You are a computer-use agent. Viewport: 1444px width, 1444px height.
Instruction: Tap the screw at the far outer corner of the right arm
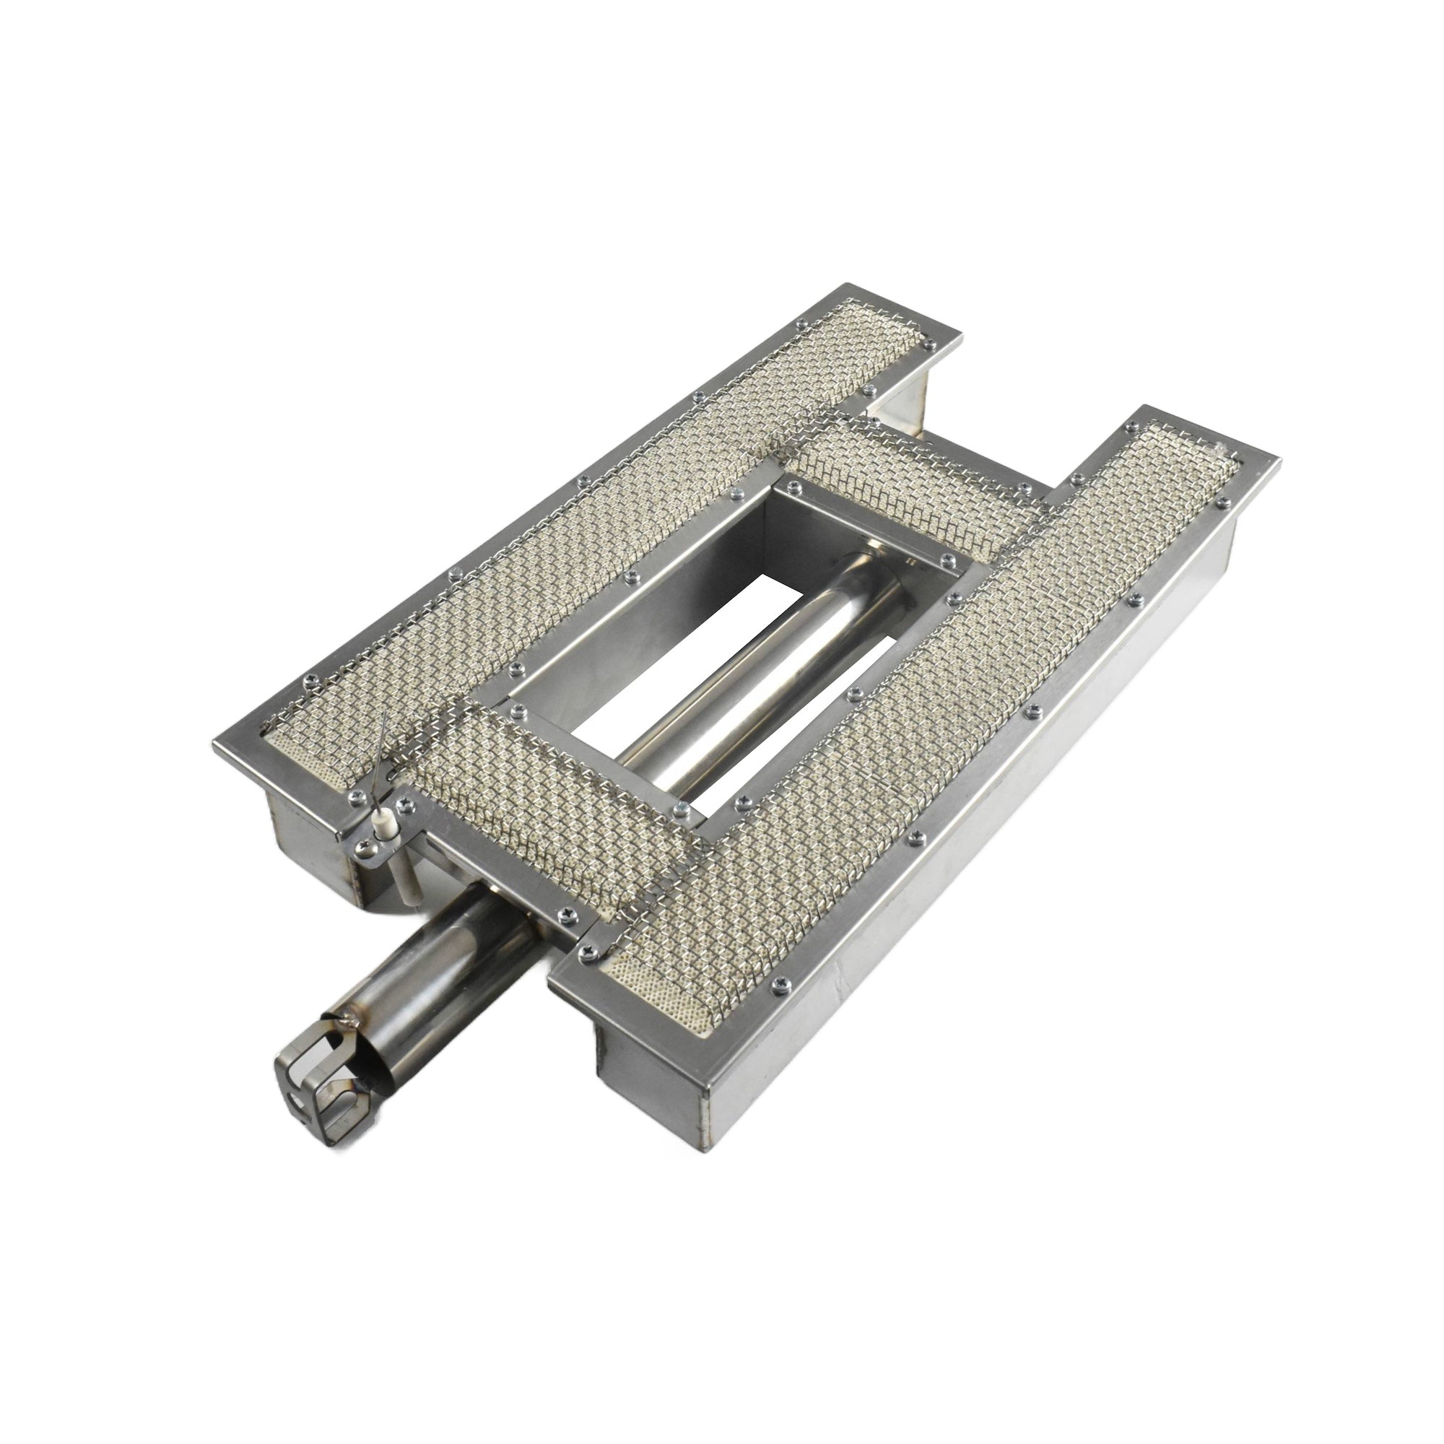1224,503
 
